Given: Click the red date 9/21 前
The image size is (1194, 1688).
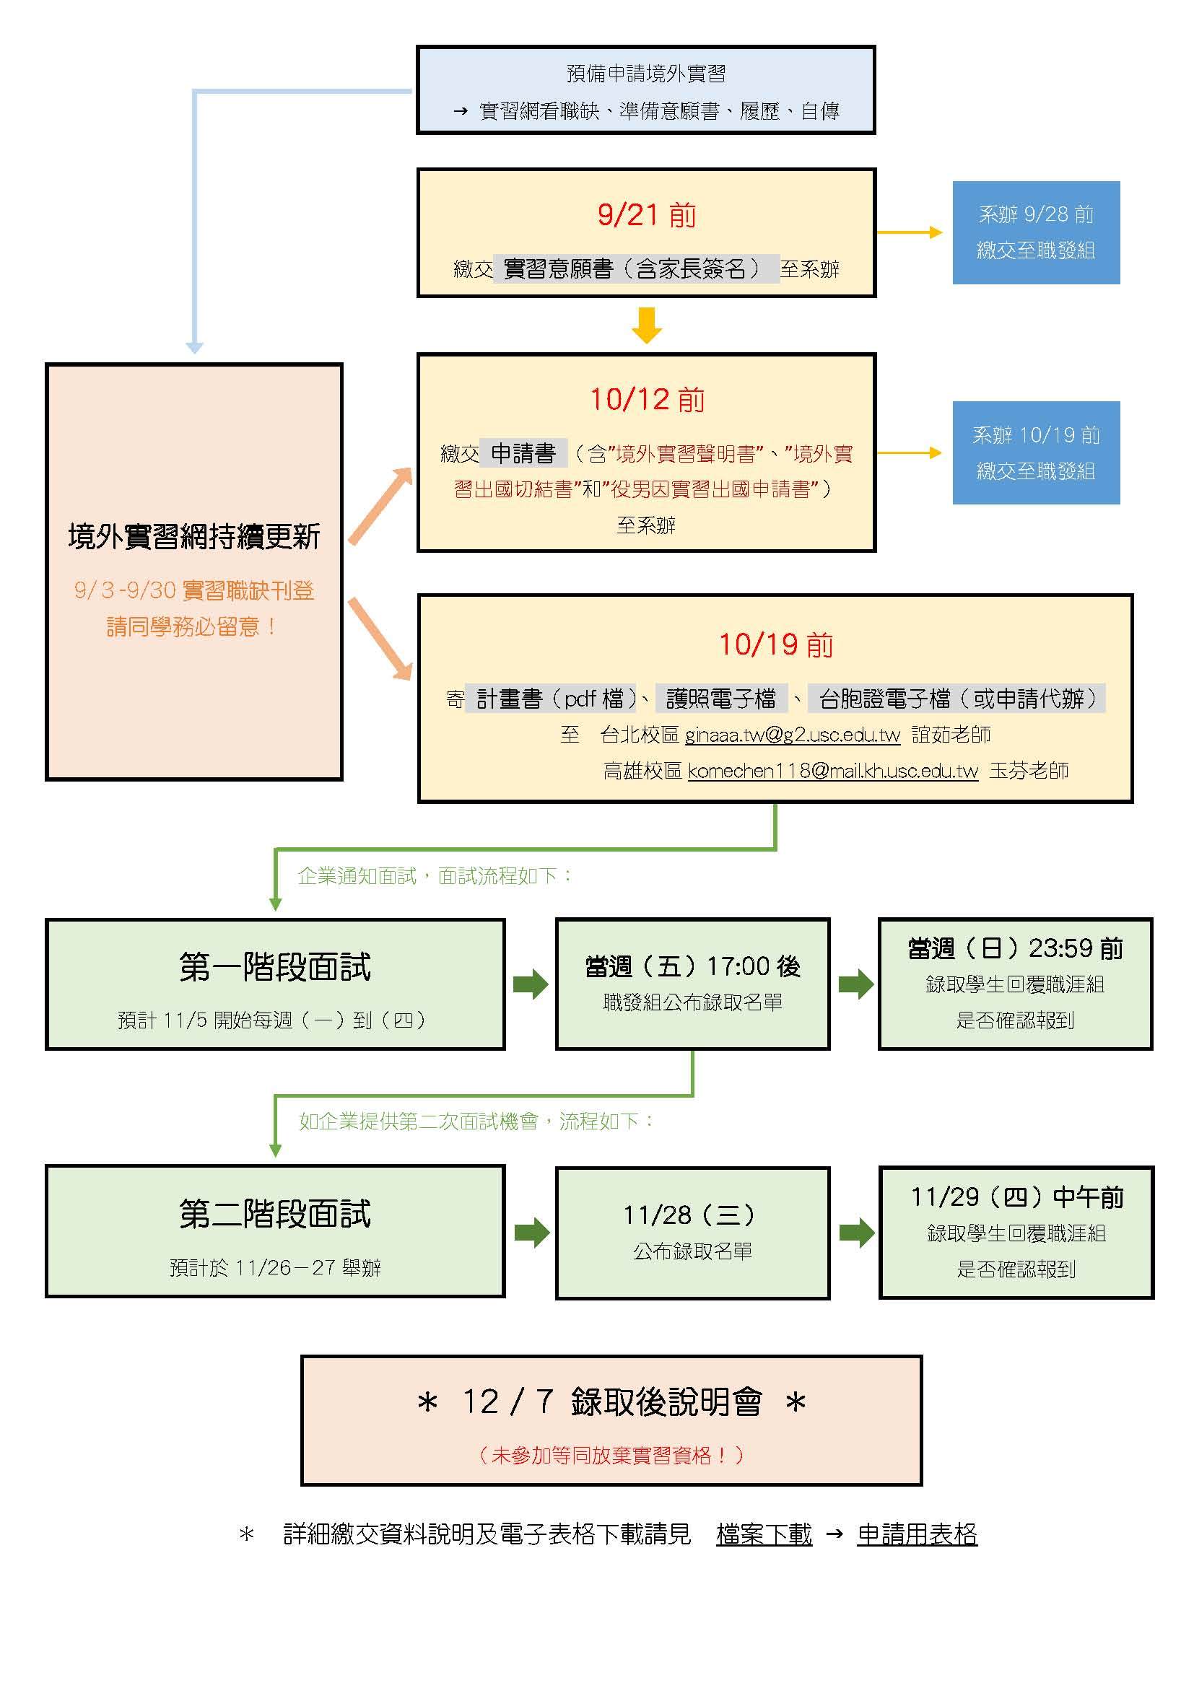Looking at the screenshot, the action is pyautogui.click(x=646, y=214).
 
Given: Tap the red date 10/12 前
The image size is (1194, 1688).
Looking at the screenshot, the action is pyautogui.click(x=647, y=400).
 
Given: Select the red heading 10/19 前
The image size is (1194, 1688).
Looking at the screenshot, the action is pyautogui.click(x=775, y=644).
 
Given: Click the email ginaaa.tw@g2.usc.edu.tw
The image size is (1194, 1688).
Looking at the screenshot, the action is pyautogui.click(x=792, y=735).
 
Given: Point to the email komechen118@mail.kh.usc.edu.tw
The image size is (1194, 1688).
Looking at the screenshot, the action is pyautogui.click(x=833, y=771).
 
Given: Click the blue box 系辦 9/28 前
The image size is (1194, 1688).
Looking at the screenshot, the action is pyautogui.click(x=1036, y=232).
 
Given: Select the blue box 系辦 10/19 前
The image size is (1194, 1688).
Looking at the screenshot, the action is pyautogui.click(x=1036, y=453).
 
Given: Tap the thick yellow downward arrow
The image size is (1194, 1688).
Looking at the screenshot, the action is pyautogui.click(x=646, y=325).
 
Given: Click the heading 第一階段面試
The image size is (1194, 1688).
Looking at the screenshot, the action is pyautogui.click(x=275, y=967).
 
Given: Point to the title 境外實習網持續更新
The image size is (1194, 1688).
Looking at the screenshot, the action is pyautogui.click(x=194, y=537).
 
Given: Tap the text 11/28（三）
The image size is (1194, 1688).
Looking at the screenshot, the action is pyautogui.click(x=689, y=1215).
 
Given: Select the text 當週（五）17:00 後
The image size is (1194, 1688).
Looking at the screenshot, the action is pyautogui.click(x=692, y=966).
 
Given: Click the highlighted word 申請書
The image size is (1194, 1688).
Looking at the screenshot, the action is pyautogui.click(x=523, y=453).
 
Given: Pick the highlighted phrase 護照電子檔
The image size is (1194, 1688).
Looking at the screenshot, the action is pyautogui.click(x=720, y=699).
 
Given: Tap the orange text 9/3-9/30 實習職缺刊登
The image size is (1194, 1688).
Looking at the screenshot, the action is pyautogui.click(x=194, y=590).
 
